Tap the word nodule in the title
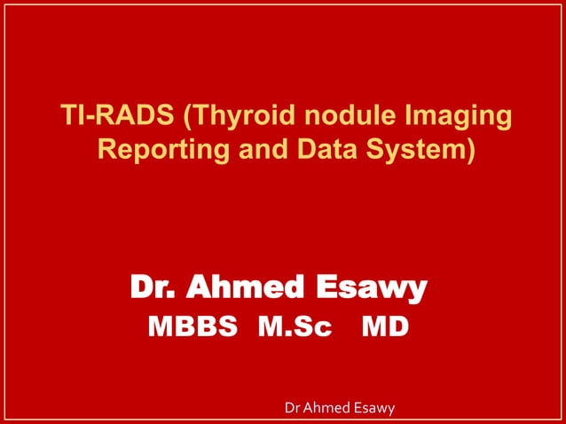click(336, 117)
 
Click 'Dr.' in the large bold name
click(154, 287)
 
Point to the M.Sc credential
click(295, 328)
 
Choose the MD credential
click(386, 328)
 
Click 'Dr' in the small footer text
click(288, 408)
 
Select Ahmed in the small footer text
click(324, 408)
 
